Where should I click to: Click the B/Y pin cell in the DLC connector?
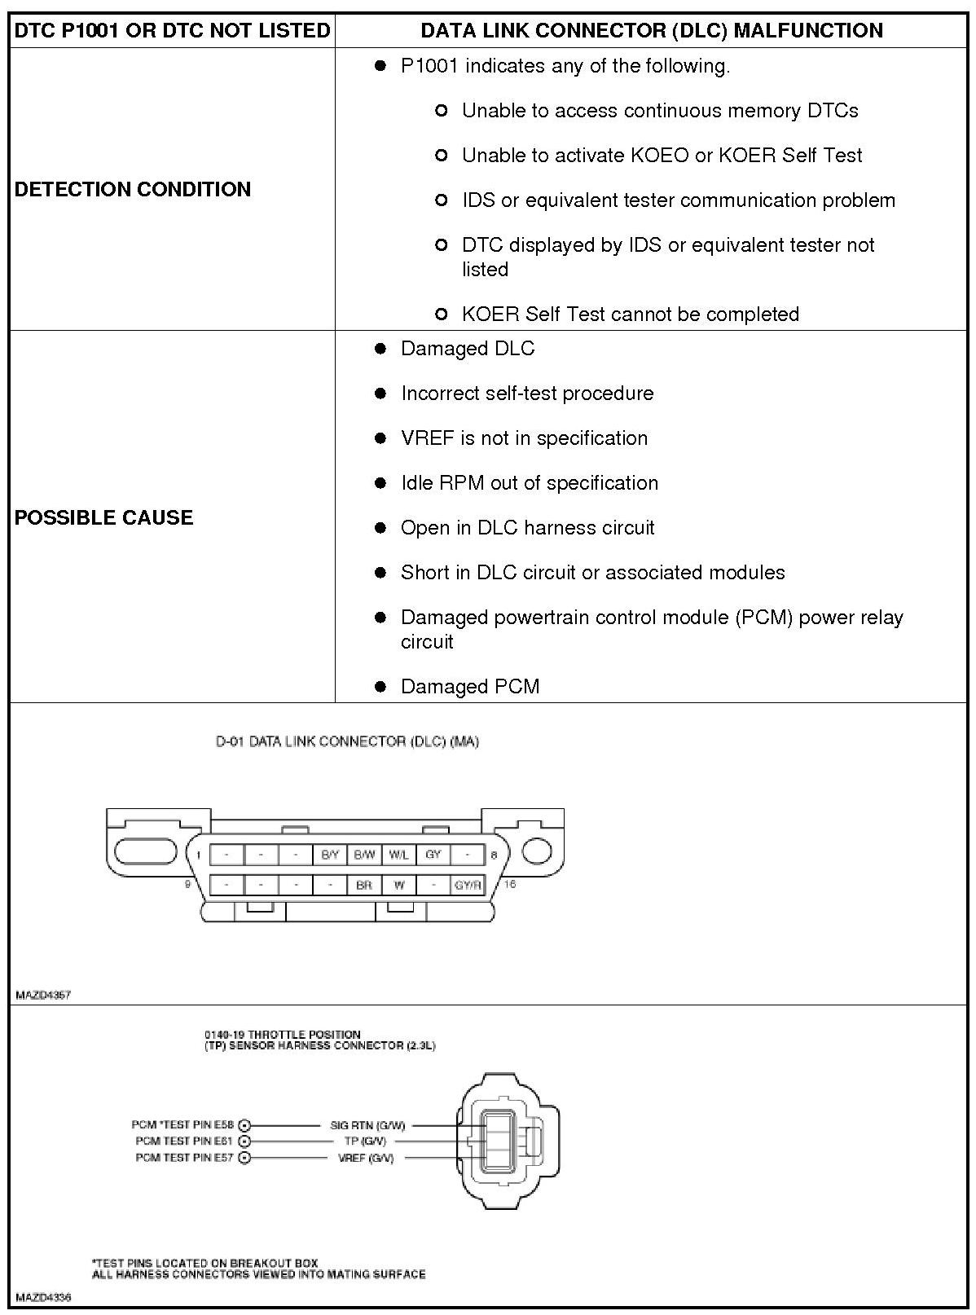(x=330, y=855)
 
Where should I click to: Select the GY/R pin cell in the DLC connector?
(x=468, y=885)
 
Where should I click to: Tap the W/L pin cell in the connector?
(x=398, y=855)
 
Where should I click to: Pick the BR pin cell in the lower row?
(x=364, y=885)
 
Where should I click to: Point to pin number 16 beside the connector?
(x=509, y=884)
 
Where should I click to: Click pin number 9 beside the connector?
(x=187, y=884)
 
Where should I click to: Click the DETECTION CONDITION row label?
(x=133, y=189)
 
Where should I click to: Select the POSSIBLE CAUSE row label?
(x=104, y=517)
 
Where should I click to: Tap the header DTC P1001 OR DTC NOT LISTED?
(x=172, y=31)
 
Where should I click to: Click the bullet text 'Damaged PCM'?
(x=470, y=687)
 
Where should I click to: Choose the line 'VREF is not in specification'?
(x=524, y=438)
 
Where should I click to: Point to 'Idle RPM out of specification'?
(x=530, y=483)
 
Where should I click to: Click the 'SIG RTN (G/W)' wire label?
(x=367, y=1125)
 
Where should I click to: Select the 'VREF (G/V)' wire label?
(x=366, y=1158)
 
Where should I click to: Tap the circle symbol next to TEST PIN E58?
(x=244, y=1125)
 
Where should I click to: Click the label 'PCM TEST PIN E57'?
(x=185, y=1158)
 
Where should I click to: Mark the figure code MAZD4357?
(x=43, y=995)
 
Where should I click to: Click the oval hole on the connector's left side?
(x=146, y=850)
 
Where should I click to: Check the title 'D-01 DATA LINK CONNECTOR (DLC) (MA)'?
(x=347, y=741)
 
